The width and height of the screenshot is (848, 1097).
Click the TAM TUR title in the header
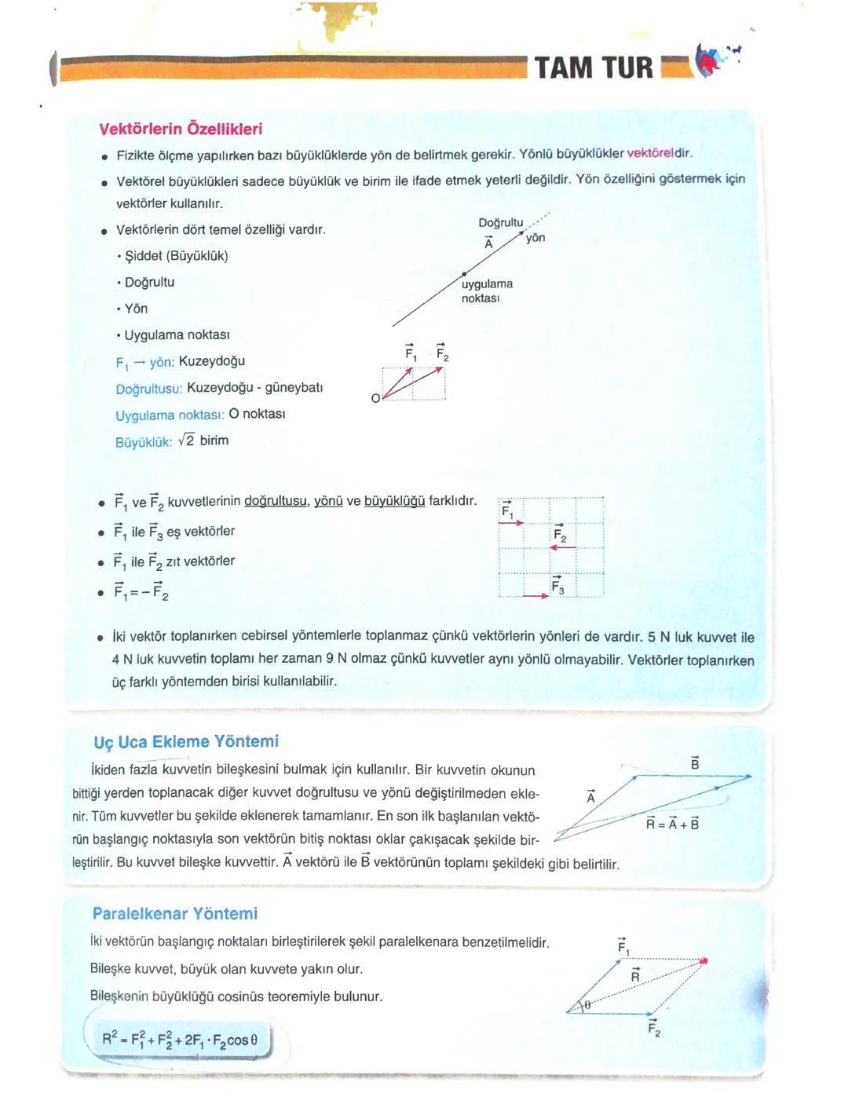(594, 68)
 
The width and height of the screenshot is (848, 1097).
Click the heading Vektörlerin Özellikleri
(181, 130)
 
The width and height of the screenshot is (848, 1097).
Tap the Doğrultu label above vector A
(500, 223)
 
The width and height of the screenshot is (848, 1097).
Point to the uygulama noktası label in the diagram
(486, 291)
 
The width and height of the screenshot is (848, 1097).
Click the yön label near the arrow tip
(535, 238)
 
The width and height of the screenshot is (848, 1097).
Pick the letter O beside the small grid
(375, 398)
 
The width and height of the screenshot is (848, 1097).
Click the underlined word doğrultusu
(276, 501)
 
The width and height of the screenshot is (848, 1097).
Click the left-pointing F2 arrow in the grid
(563, 548)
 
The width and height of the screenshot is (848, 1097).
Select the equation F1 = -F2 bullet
(141, 591)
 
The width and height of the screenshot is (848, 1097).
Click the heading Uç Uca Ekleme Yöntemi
(186, 741)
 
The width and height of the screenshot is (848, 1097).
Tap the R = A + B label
(672, 824)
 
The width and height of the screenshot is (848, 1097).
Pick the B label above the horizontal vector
(695, 763)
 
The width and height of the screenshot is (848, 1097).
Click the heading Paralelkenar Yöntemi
(175, 913)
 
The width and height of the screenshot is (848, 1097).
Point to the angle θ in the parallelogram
(587, 1004)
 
